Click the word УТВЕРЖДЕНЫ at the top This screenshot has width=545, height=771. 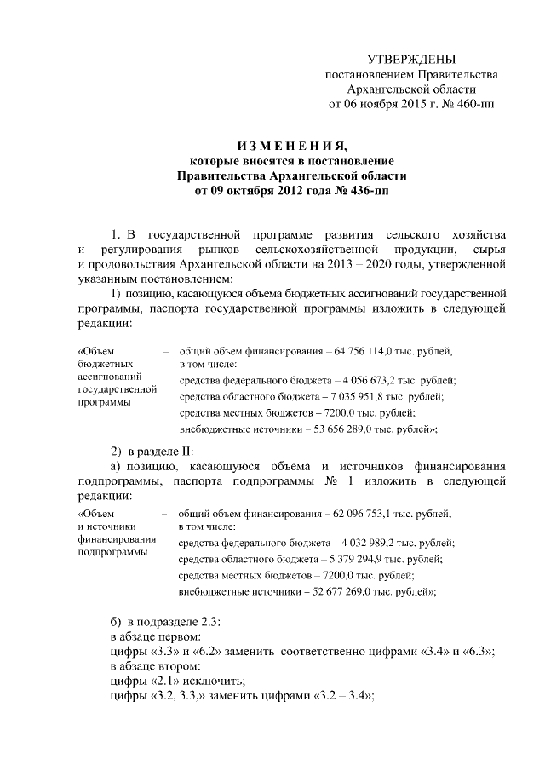click(410, 59)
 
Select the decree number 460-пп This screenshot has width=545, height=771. click(473, 105)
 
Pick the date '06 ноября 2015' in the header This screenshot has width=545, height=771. click(383, 105)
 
